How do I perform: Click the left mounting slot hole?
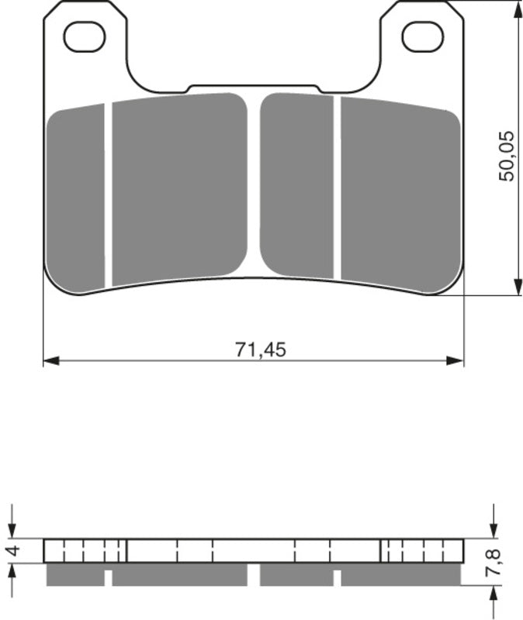click(84, 37)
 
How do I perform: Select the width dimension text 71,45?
click(261, 350)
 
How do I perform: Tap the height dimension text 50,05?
click(506, 156)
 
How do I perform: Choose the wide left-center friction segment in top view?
click(179, 186)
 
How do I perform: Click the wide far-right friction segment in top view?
click(400, 194)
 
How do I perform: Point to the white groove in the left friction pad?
click(108, 194)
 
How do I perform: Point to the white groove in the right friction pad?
click(337, 186)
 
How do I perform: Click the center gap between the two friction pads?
click(254, 186)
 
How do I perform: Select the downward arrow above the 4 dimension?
click(12, 528)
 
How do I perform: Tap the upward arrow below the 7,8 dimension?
click(494, 598)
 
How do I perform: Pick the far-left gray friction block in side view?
click(75, 574)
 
